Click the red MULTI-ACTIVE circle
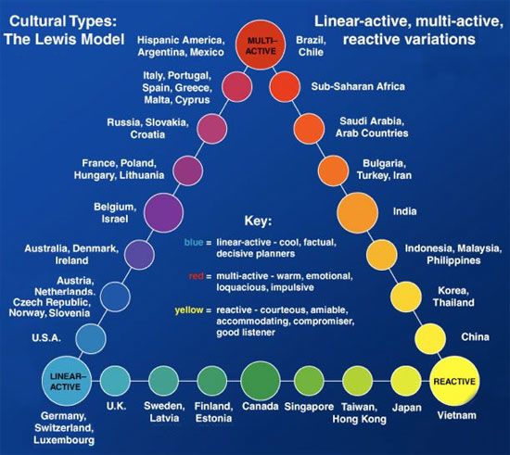(261, 45)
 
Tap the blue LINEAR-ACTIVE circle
(67, 381)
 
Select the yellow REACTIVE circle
(454, 381)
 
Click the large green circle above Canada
(261, 381)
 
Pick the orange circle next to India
(357, 212)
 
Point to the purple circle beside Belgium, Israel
(163, 212)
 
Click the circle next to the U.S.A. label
(91, 338)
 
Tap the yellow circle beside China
(430, 338)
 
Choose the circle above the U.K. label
(115, 381)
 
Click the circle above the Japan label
(406, 381)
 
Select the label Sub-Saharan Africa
(358, 86)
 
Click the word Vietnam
(456, 415)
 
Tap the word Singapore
(309, 407)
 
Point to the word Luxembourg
(64, 440)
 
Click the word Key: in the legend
(258, 221)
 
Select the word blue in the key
(194, 242)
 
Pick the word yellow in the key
(189, 310)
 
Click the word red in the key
(197, 276)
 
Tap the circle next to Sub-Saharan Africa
(285, 87)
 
